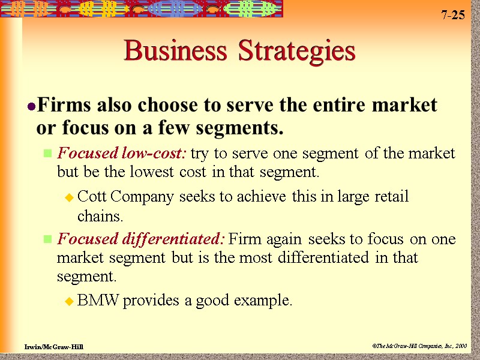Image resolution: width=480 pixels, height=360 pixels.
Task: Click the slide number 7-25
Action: tap(453, 16)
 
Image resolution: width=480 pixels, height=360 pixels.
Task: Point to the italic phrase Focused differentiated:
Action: tap(140, 239)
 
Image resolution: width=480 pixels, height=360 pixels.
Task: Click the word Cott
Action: tap(91, 197)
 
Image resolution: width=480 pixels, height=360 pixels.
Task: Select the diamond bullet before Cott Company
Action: tap(69, 197)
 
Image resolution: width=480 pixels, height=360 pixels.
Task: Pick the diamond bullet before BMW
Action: tap(69, 301)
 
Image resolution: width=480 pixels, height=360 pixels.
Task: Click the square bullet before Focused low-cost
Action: tap(47, 154)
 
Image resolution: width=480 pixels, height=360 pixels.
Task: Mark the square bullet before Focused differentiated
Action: tap(47, 241)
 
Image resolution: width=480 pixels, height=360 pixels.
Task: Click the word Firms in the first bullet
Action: tap(64, 106)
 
